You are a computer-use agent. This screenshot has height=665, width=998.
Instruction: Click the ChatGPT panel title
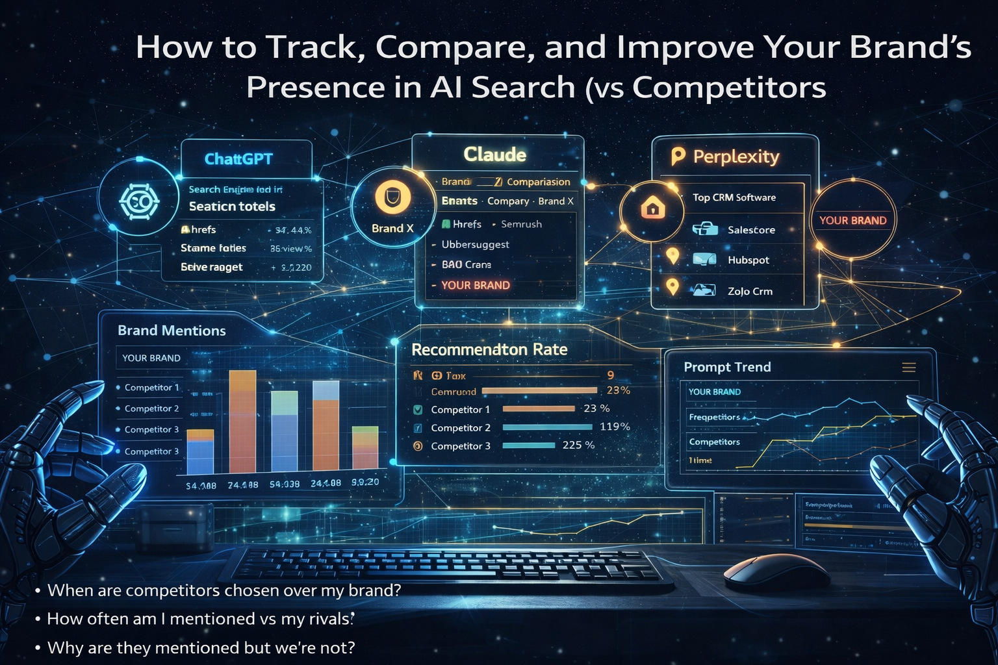238,159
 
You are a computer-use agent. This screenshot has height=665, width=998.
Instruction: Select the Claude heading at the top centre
494,155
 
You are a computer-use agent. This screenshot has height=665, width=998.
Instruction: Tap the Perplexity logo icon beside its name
678,156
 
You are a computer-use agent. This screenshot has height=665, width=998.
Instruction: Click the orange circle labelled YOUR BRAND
852,220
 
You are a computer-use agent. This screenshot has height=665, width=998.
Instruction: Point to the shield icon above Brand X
392,197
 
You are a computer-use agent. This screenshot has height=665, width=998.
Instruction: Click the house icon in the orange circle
652,208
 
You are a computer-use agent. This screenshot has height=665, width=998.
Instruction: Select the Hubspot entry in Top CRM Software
748,260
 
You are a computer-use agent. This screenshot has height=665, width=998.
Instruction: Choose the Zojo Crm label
750,291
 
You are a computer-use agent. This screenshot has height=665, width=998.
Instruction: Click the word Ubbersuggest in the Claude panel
475,244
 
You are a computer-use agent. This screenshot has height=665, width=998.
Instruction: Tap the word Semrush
521,224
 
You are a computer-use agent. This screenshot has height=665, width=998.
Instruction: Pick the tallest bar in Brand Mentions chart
242,421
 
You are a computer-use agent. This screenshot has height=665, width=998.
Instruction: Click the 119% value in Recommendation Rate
615,427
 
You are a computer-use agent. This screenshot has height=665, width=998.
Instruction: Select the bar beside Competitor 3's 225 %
528,445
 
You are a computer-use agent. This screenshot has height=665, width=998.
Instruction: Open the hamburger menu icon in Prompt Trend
908,368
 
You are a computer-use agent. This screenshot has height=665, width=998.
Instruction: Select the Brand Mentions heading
172,331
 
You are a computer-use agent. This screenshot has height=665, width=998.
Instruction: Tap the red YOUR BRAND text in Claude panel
475,285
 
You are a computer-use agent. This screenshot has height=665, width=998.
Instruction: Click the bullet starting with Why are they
201,647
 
